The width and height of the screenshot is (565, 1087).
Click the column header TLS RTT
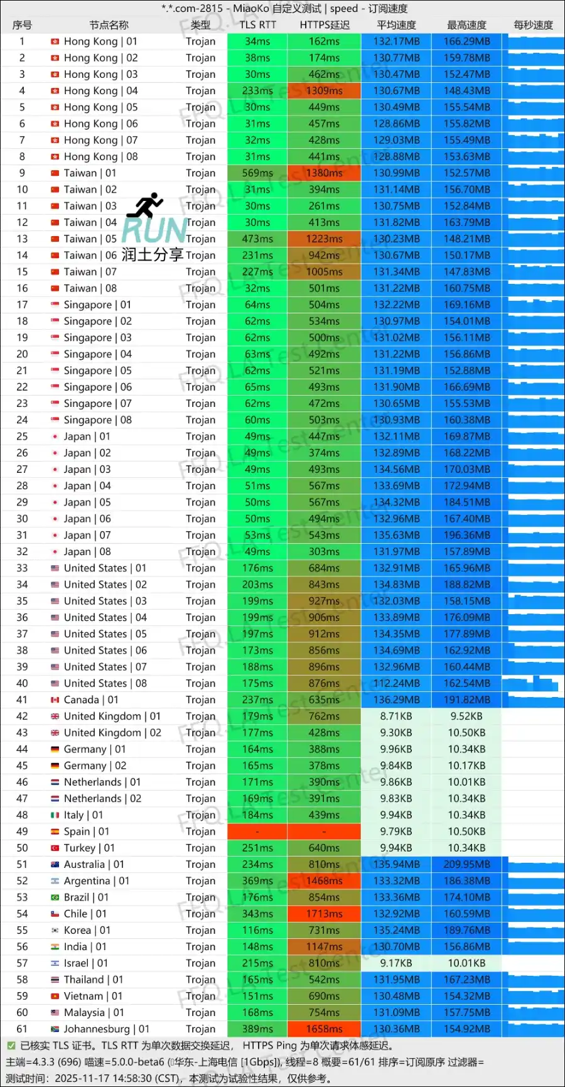(x=257, y=25)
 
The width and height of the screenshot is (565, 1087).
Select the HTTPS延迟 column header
(x=324, y=25)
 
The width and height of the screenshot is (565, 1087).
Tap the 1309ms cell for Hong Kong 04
(x=324, y=90)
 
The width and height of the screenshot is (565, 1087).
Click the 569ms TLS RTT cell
(x=257, y=173)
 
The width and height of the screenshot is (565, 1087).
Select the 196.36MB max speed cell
(x=466, y=535)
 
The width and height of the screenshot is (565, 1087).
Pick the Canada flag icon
(x=55, y=700)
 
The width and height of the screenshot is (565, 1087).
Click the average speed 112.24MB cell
(x=396, y=683)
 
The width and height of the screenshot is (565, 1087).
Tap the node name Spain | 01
(x=86, y=831)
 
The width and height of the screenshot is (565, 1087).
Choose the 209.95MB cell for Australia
(x=466, y=864)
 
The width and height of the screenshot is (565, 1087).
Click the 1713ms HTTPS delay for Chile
(x=324, y=914)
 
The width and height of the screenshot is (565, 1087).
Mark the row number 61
(x=22, y=1029)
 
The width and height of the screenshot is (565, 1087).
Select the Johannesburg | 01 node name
(x=106, y=1029)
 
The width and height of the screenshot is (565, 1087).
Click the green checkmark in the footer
(x=11, y=1046)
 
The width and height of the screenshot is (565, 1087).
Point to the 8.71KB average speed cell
(x=396, y=716)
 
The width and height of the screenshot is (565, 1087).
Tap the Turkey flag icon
(x=55, y=848)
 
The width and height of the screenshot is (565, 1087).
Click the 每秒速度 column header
(x=533, y=25)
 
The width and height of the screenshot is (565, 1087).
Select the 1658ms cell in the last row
(x=324, y=1029)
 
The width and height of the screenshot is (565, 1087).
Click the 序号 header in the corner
(x=22, y=25)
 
